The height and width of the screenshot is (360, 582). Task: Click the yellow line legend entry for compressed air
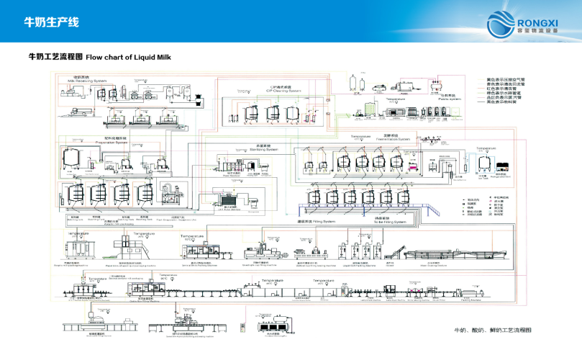click(x=503, y=77)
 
